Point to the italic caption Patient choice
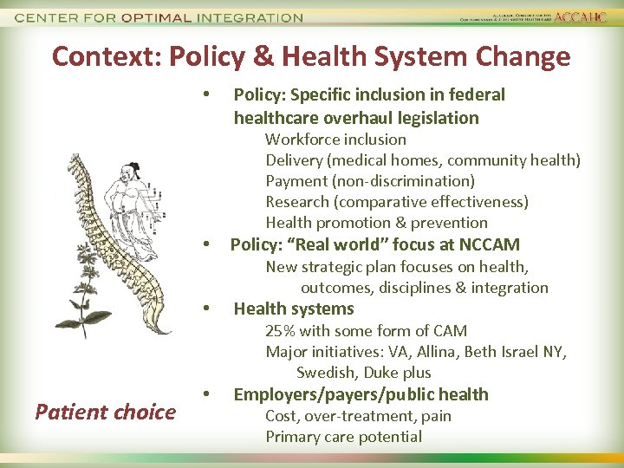pyautogui.click(x=105, y=412)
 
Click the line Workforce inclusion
pyautogui.click(x=335, y=139)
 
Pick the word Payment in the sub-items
pyautogui.click(x=296, y=180)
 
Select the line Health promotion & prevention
pyautogui.click(x=376, y=222)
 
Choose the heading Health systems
pyautogui.click(x=294, y=309)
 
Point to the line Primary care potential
pyautogui.click(x=343, y=436)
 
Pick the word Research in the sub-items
pyautogui.click(x=298, y=201)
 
